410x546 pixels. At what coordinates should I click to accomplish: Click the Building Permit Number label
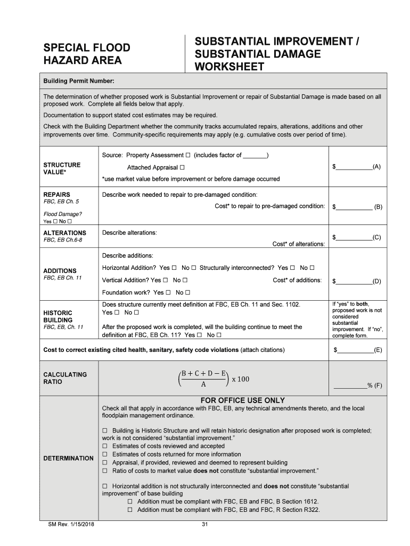[x=78, y=81]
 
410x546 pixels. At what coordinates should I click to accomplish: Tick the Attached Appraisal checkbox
[x=182, y=167]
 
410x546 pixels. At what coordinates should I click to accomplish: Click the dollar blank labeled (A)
[x=353, y=167]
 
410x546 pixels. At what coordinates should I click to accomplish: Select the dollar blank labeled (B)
[x=353, y=206]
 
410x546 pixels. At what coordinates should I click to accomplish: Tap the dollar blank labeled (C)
[x=353, y=237]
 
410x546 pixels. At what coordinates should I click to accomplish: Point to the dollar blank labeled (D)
[x=353, y=281]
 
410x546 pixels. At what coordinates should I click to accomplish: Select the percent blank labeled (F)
[x=349, y=386]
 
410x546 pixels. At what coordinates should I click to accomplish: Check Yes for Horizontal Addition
[x=174, y=268]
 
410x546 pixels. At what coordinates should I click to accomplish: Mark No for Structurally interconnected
[x=312, y=268]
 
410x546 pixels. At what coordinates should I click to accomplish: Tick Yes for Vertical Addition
[x=165, y=280]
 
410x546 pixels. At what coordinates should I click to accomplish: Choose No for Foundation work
[x=187, y=293]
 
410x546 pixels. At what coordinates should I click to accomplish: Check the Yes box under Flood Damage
[x=55, y=221]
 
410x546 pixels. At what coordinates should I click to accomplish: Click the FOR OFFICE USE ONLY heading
[x=242, y=400]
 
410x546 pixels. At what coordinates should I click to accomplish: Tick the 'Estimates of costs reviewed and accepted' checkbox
[x=105, y=446]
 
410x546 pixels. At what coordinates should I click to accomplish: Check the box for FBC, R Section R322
[x=130, y=510]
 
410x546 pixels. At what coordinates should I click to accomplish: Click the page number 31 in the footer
[x=204, y=525]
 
